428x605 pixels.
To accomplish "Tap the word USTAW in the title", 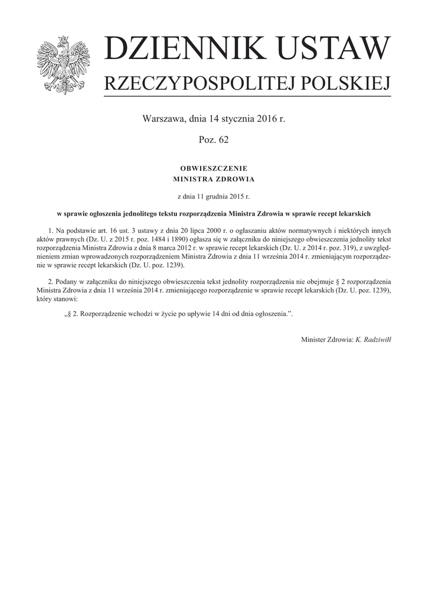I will tap(332, 50).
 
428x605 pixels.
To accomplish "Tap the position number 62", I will tap(222, 139).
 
